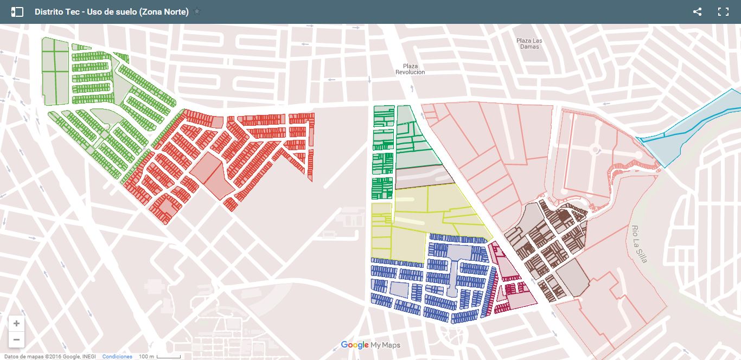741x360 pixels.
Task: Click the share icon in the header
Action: tap(697, 11)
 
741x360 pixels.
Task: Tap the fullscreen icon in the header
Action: tap(723, 11)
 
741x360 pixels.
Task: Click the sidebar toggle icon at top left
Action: tap(17, 11)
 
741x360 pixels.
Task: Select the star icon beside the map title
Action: tap(197, 11)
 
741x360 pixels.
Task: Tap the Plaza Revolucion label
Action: tap(410, 69)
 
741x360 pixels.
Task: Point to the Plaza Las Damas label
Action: tap(529, 43)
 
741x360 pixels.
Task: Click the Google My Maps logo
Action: tap(370, 345)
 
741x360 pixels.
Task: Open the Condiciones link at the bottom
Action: tap(117, 356)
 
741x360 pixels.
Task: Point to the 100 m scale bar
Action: tap(159, 356)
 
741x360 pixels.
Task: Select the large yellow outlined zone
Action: tap(429, 217)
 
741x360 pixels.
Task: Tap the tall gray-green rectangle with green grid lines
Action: tap(56, 70)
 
